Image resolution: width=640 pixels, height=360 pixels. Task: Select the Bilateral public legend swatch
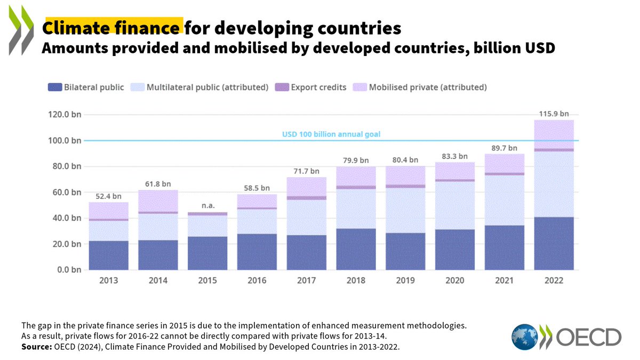point(55,87)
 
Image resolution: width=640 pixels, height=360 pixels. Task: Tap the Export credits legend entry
point(311,87)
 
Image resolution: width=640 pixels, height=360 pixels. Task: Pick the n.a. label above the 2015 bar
point(207,205)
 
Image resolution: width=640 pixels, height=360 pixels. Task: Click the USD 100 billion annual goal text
point(331,134)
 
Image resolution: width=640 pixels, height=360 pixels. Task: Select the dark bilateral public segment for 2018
point(356,249)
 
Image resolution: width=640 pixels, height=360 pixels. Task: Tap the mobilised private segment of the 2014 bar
point(158,201)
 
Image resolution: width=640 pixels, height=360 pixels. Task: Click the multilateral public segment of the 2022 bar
point(554,184)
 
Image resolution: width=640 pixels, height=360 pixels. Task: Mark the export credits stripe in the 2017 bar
point(306,198)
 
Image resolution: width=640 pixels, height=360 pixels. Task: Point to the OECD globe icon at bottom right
point(525,337)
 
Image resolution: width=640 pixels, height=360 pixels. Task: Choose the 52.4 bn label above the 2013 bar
point(109,196)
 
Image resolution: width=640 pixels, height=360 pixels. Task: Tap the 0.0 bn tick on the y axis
point(66,270)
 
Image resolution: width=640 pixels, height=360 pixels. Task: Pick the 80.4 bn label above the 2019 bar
point(405,159)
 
